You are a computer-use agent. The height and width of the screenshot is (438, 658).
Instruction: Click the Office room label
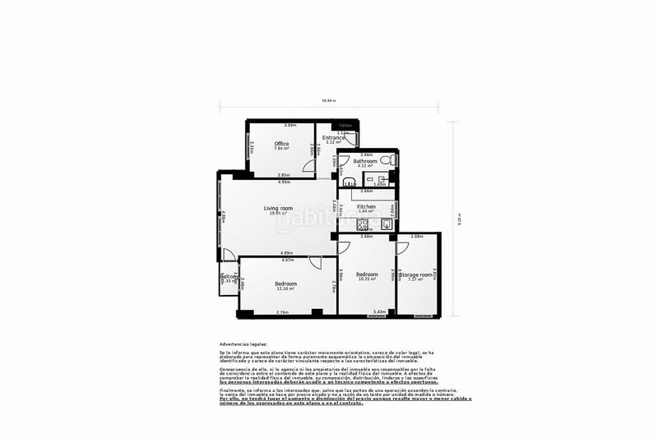tap(281, 144)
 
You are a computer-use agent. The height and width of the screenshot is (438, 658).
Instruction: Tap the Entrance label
tap(333, 137)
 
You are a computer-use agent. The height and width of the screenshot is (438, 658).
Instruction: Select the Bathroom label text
tap(365, 161)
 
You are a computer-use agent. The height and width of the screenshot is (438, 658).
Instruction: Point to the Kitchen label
tap(366, 206)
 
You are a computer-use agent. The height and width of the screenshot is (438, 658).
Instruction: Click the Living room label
tap(278, 209)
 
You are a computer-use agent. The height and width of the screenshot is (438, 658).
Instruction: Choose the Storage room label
tap(415, 274)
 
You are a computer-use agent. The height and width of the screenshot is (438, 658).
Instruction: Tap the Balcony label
tap(229, 277)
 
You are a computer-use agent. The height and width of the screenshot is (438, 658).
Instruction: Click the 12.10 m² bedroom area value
tap(286, 288)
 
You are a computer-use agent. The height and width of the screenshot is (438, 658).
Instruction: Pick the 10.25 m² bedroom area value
tap(366, 279)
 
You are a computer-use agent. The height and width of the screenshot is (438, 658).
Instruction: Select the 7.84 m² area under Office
tap(281, 149)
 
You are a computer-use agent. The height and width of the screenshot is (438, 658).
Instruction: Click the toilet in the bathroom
tap(391, 161)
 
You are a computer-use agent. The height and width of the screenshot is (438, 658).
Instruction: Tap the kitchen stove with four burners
tap(362, 221)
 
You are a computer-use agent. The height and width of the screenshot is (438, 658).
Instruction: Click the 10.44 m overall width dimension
tap(333, 101)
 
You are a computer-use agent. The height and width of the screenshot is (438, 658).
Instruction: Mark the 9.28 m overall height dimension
tap(459, 218)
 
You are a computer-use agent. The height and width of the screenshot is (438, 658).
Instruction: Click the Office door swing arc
tap(307, 168)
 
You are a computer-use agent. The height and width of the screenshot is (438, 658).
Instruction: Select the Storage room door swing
tap(402, 247)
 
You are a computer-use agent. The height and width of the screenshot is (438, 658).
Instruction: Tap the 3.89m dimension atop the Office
tap(290, 125)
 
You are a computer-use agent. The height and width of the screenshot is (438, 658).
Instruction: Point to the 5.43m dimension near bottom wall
tap(379, 311)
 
